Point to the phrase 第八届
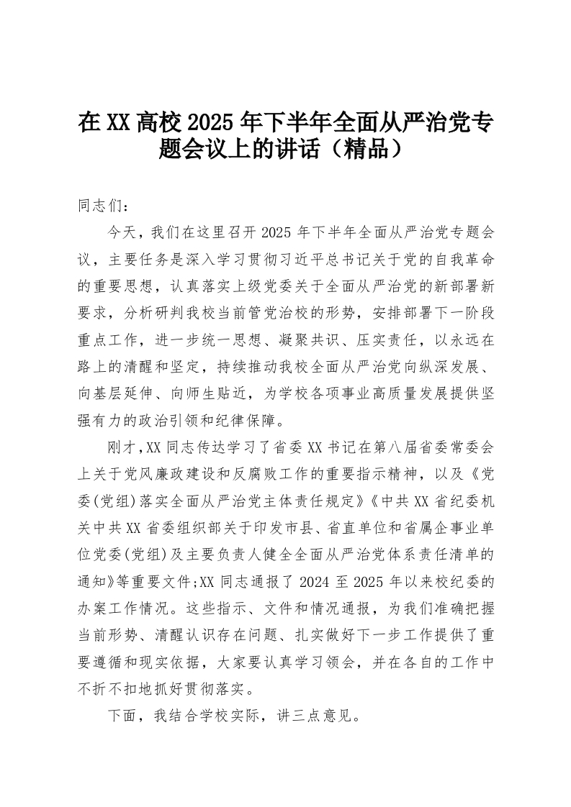click(x=386, y=447)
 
